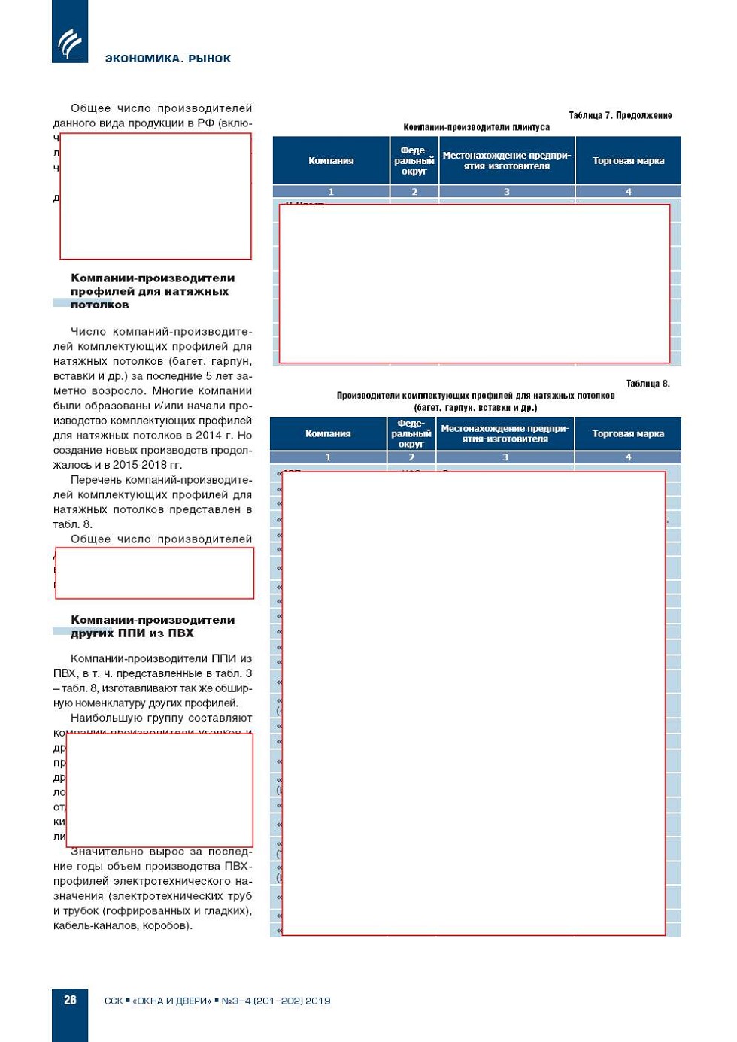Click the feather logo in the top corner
click(x=70, y=43)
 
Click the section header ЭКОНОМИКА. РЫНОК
click(x=168, y=59)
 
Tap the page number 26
click(x=70, y=1000)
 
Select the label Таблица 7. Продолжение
click(x=620, y=116)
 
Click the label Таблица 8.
click(x=648, y=384)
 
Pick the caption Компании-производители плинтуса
click(x=476, y=127)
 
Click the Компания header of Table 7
click(x=331, y=160)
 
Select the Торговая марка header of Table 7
click(x=628, y=160)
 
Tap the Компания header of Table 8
click(x=328, y=433)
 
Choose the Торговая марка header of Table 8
click(x=628, y=433)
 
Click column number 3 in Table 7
click(x=506, y=192)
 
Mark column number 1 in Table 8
click(x=328, y=457)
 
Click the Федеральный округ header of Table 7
click(x=414, y=160)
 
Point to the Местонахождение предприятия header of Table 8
click(x=505, y=433)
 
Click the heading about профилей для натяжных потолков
click(x=152, y=291)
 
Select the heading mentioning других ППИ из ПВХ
click(x=153, y=626)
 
